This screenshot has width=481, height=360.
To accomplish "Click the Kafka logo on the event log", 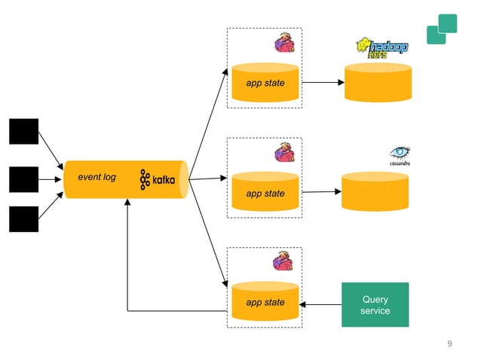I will click(157, 180).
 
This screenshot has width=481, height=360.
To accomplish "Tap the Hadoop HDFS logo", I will click(381, 47).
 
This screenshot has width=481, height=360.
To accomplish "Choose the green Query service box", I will click(375, 304).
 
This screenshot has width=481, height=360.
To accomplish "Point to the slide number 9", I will click(449, 344).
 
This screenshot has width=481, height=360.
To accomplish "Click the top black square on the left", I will click(23, 131).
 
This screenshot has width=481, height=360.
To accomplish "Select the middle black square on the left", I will click(23, 179).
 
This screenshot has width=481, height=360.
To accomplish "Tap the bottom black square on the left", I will click(23, 218).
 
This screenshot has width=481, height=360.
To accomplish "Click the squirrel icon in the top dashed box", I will click(283, 43).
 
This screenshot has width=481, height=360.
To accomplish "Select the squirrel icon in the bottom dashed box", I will click(282, 261).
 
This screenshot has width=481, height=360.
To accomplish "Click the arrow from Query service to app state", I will click(320, 304).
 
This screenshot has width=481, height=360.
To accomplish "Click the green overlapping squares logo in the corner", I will click(442, 29).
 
